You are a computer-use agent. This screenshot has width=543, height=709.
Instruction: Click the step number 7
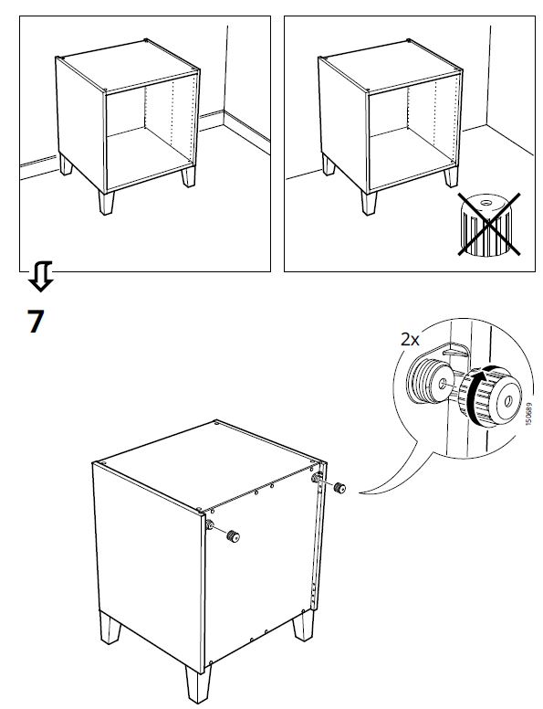(x=35, y=322)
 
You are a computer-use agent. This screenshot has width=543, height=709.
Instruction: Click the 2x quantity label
(x=410, y=338)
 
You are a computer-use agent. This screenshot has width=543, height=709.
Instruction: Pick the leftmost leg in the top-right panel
(x=329, y=164)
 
